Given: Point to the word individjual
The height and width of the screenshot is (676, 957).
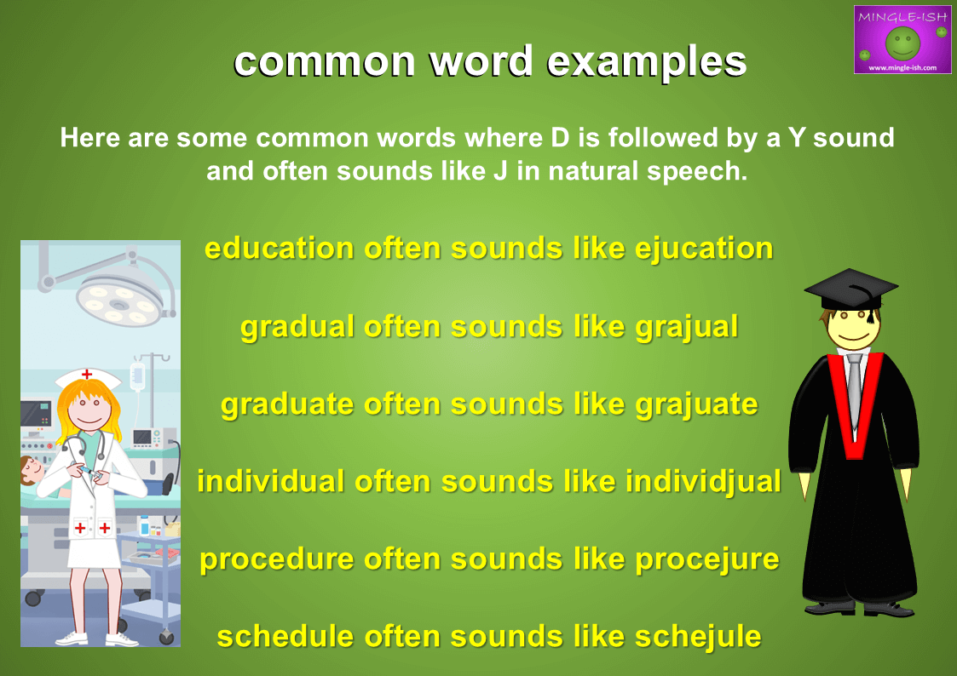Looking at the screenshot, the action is (x=703, y=482).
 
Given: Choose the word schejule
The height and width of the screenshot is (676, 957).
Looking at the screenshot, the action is (x=698, y=637).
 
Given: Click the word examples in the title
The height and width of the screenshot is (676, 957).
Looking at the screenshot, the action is (x=647, y=63).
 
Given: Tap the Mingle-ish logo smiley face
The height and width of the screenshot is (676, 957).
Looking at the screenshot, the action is (x=902, y=43).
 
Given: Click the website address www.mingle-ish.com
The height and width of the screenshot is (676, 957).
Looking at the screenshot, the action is (x=902, y=67).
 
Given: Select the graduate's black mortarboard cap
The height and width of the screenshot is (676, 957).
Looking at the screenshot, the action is (x=850, y=290).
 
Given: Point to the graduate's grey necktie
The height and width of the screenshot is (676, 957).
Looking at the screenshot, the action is (x=855, y=391).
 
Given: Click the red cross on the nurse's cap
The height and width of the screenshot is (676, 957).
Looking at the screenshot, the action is (x=87, y=374).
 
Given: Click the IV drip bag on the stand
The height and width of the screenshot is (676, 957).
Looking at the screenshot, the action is (x=138, y=376).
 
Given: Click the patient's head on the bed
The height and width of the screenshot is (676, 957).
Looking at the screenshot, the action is (x=31, y=470).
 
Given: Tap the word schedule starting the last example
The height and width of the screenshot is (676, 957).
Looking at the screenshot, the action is (x=285, y=637).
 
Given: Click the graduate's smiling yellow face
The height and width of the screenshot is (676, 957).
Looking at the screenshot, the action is (x=852, y=327).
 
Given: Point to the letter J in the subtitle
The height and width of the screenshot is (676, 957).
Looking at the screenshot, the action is (x=500, y=171).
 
